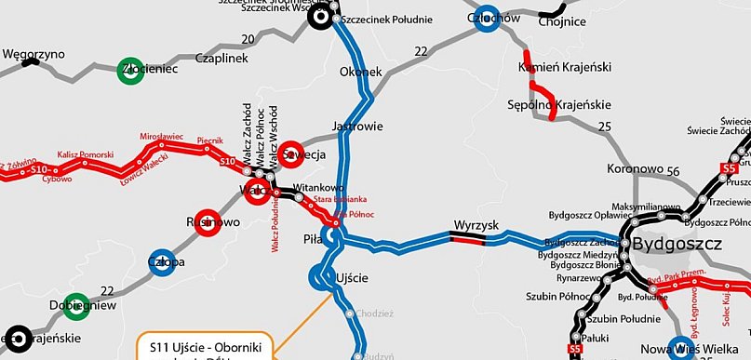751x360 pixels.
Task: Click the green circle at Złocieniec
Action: (130, 71)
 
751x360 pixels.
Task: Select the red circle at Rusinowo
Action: (208, 222)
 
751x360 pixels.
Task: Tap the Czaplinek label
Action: (220, 58)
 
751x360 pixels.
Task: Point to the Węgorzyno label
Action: (34, 54)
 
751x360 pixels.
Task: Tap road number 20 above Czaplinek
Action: (247, 39)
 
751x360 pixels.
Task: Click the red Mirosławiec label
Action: (166, 136)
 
